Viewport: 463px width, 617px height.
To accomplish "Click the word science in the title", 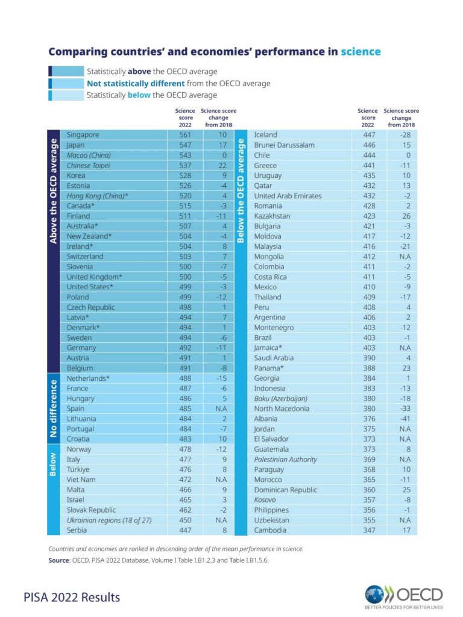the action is (361, 52).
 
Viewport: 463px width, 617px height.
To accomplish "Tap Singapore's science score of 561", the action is (185, 134).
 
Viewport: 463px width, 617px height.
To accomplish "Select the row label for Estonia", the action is (78, 186).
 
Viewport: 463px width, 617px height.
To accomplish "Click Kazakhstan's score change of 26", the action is (406, 216).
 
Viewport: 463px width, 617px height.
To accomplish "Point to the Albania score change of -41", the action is (405, 419).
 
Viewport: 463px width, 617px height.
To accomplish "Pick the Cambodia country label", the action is (270, 530).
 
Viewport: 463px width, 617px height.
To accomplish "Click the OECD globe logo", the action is (374, 594).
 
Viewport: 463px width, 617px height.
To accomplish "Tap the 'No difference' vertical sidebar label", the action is (54, 409).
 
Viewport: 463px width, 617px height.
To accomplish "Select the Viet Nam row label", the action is (81, 480).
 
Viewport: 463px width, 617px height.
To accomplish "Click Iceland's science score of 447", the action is (370, 134).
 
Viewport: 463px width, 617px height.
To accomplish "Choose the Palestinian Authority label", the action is (285, 459).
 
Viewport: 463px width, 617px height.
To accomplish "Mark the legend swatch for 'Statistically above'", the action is (66, 71).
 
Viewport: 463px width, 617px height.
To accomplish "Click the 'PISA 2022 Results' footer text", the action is (72, 597).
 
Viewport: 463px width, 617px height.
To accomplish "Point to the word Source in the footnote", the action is (58, 560).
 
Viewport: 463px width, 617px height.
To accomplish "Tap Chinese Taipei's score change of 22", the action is (222, 165).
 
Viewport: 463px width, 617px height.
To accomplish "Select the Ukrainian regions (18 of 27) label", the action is (109, 520).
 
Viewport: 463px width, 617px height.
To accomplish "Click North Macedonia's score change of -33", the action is (405, 409).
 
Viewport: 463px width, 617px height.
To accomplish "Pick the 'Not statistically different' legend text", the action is (136, 83).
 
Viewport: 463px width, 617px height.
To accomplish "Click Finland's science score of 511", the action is (185, 216).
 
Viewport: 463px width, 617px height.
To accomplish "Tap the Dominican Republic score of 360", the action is (370, 490).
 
